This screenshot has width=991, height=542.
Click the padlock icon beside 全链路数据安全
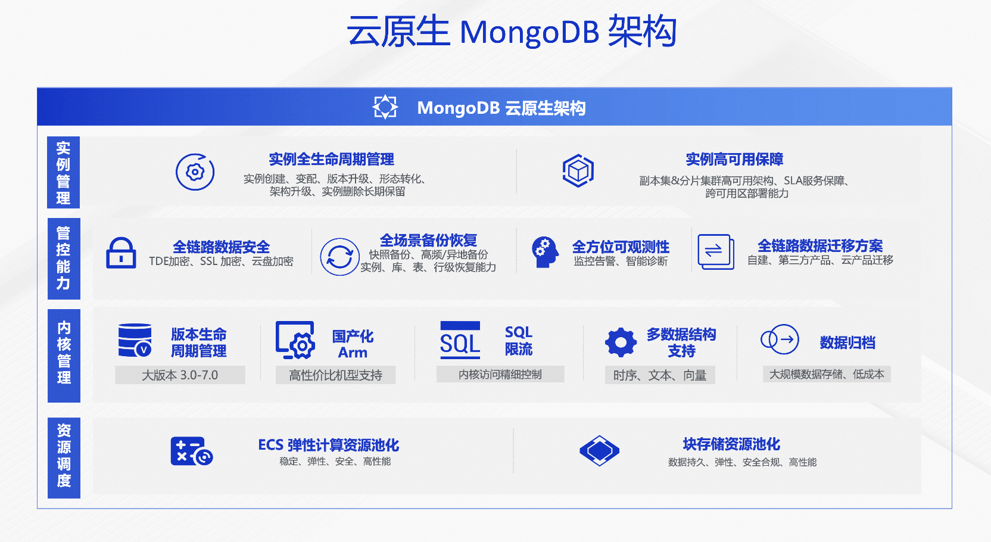coord(121,253)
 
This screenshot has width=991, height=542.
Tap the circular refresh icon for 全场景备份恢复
coord(339,257)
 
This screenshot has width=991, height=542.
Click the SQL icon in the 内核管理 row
coord(460,341)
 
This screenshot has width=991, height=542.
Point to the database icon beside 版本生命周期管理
coord(135,340)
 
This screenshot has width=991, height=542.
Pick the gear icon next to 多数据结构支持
coord(621,342)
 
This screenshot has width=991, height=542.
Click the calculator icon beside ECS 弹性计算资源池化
coord(191,451)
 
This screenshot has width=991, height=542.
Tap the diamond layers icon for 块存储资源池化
coord(599,451)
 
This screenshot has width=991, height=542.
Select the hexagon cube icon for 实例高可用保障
coord(578,171)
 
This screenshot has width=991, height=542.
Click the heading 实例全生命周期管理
coord(331,159)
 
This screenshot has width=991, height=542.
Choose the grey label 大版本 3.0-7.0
coord(180,375)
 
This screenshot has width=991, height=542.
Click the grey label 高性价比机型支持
coord(335,375)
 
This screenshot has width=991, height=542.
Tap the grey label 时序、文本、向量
coord(660,375)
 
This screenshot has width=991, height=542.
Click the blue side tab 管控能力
coord(64,258)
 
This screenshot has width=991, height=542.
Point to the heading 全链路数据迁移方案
coord(820,245)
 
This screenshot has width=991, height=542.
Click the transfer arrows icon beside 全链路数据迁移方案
coord(715,251)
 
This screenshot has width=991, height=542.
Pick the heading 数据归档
coord(847,342)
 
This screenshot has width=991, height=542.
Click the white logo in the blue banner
coord(385,107)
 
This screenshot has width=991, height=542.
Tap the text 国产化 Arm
coord(353,344)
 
